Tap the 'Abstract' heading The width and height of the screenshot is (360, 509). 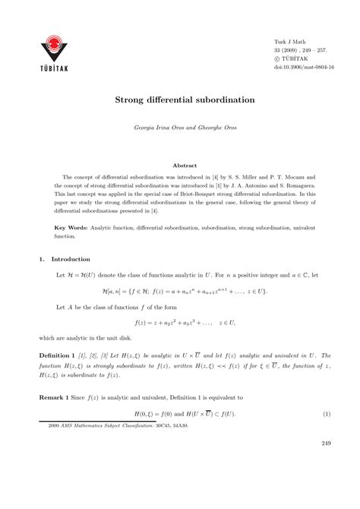[x=185, y=165]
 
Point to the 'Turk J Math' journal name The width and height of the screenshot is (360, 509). [x=289, y=40]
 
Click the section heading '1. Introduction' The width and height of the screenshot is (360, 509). [x=65, y=259]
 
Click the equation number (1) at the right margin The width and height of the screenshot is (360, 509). [x=326, y=413]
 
